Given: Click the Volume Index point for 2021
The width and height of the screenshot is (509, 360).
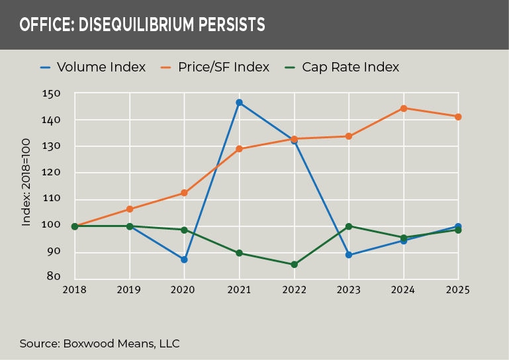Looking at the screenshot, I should click(239, 103).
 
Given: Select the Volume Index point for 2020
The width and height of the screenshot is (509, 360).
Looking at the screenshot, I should click(184, 259).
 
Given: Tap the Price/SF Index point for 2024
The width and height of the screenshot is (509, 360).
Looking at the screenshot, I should click(403, 108).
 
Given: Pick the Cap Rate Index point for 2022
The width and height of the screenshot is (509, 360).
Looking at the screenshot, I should click(294, 265).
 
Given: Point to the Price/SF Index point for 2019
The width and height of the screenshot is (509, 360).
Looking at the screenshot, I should click(130, 209).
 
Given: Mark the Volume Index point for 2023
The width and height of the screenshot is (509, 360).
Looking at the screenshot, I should click(349, 255).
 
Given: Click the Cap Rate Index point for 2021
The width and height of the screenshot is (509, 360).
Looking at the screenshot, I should click(239, 253).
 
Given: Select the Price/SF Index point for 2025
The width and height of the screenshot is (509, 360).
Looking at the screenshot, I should click(458, 116).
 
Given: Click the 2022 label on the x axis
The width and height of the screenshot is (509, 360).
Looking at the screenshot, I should click(294, 289).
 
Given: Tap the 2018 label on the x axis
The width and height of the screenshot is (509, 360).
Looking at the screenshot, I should click(75, 289).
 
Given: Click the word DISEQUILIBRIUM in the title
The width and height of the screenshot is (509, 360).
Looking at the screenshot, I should click(135, 25).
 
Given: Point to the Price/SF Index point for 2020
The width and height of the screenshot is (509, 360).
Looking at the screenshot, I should click(184, 193).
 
